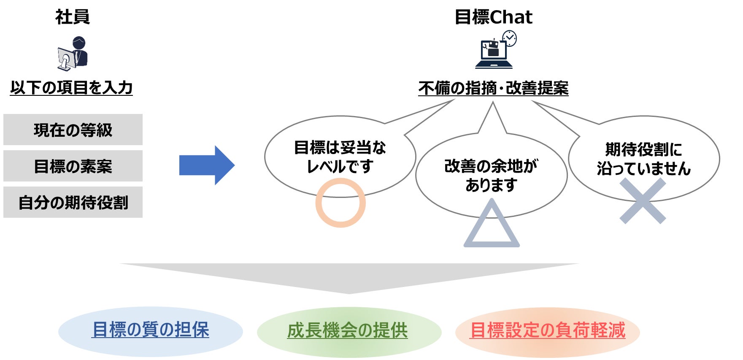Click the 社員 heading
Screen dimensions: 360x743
[x=72, y=17]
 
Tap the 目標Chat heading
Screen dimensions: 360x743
[x=493, y=17]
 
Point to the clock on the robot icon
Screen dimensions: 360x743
[x=510, y=38]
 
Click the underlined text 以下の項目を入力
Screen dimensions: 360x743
[x=71, y=88]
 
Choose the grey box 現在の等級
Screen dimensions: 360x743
[x=73, y=130]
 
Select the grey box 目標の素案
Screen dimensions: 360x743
[x=73, y=166]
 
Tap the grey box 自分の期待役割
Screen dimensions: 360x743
[x=73, y=202]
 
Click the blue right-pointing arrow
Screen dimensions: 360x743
[x=206, y=165]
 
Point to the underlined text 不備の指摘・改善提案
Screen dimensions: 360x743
[x=493, y=88]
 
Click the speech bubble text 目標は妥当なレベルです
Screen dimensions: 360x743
[x=340, y=157]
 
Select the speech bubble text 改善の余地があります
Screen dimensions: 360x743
[x=491, y=175]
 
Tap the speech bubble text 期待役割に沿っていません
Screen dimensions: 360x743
[x=643, y=159]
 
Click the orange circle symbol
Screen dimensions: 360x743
[x=340, y=203]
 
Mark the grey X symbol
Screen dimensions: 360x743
[x=643, y=201]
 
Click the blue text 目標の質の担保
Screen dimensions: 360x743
[x=150, y=330]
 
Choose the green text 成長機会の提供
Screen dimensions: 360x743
[x=347, y=330]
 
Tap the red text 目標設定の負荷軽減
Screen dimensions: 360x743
[x=547, y=330]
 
